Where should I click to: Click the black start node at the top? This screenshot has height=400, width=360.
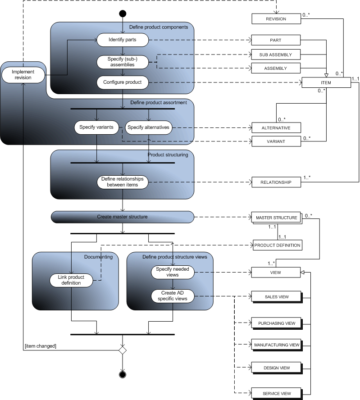123,14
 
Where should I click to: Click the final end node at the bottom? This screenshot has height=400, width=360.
122,374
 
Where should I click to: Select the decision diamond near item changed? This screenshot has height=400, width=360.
122,349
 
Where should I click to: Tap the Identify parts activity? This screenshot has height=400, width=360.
123,40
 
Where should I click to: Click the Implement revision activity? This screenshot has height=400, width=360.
22,74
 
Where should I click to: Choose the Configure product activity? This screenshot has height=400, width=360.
123,82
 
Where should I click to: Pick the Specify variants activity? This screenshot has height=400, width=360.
96,127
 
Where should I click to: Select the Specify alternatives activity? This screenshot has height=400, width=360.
148,127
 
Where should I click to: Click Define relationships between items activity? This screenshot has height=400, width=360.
123,182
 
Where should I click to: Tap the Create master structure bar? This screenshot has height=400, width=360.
123,217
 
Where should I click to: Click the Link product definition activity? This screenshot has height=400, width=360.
72,280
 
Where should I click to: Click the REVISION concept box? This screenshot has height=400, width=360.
276,19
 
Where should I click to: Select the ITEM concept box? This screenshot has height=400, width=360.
325,82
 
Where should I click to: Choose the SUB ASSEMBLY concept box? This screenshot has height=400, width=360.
276,55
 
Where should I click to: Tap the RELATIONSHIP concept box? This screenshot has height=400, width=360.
276,182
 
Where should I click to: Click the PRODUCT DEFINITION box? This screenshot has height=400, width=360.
277,245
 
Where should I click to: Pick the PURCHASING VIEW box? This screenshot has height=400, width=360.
277,323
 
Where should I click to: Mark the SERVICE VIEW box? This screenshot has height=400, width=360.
277,393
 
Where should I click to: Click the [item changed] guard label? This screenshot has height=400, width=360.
41,345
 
